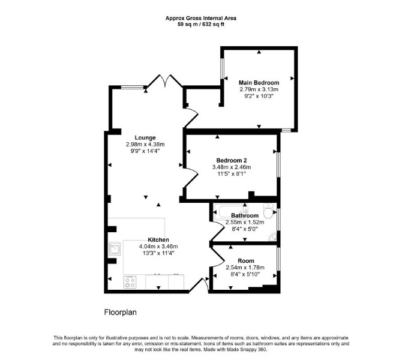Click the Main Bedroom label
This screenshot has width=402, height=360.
pyautogui.click(x=259, y=83)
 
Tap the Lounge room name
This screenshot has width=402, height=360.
pyautogui.click(x=145, y=137)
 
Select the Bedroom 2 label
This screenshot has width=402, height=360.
pyautogui.click(x=232, y=161)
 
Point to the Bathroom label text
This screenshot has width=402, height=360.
pyautogui.click(x=245, y=215)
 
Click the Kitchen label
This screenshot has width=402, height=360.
pyautogui.click(x=158, y=240)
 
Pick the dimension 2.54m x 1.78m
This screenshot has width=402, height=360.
pyautogui.click(x=245, y=268)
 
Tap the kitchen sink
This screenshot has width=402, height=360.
pyautogui.click(x=115, y=248)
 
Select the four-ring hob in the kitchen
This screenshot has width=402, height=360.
pyautogui.click(x=130, y=283)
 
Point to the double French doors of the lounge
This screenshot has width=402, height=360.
pyautogui.click(x=164, y=80)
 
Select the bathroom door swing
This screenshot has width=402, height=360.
pyautogui.click(x=217, y=231)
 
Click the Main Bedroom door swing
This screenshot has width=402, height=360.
pyautogui.click(x=191, y=118)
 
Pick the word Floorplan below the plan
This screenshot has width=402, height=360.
pyautogui.click(x=120, y=313)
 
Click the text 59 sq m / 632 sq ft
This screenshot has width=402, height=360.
pyautogui.click(x=201, y=25)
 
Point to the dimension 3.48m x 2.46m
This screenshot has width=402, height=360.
pyautogui.click(x=232, y=167)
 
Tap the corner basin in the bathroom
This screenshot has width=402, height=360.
pyautogui.click(x=273, y=236)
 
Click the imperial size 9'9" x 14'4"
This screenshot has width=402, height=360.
pyautogui.click(x=145, y=151)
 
